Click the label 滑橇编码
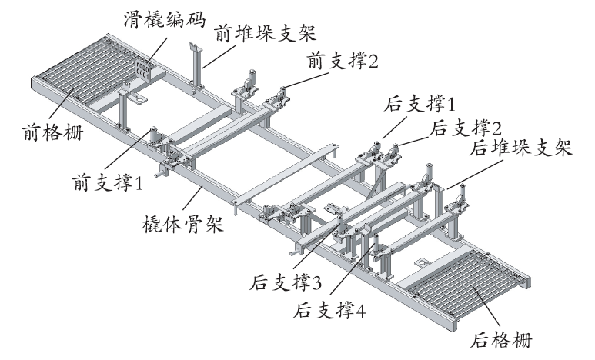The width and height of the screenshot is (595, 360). tap(164, 19)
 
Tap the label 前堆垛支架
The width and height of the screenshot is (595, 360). tap(265, 32)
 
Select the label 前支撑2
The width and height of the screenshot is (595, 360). tap(343, 61)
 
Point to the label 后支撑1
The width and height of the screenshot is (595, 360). tap(419, 103)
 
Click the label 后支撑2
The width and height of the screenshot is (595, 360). tap(466, 128)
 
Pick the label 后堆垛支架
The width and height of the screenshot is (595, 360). tap(520, 148)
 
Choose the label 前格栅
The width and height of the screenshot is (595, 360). tap(53, 132)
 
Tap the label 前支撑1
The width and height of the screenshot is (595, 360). tap(108, 182)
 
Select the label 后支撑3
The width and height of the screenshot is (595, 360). tap(286, 282)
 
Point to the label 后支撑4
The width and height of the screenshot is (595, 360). tap(329, 310)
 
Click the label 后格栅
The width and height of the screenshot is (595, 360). tap(501, 339)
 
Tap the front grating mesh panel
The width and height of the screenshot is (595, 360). tap(89, 70)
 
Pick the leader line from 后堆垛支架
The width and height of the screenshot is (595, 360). tap(475, 174)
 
